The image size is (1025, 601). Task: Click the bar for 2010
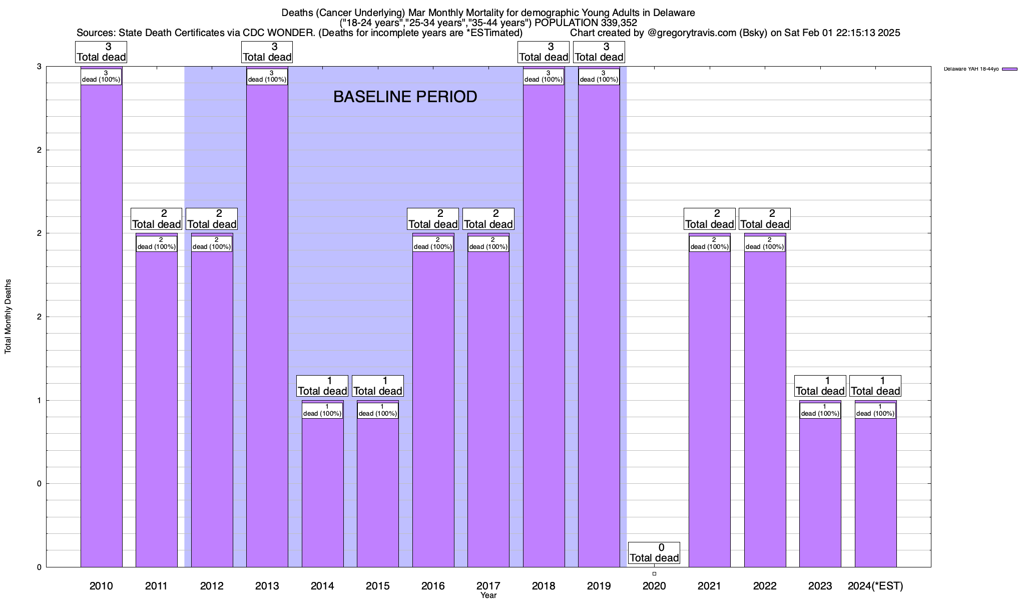click(x=101, y=326)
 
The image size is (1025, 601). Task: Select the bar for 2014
click(x=322, y=491)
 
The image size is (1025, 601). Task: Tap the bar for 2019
click(x=599, y=326)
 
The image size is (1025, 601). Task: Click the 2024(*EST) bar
click(x=875, y=491)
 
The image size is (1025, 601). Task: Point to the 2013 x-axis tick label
click(x=267, y=585)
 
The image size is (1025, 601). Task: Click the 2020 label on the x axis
click(x=654, y=585)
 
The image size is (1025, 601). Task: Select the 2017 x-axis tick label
click(x=488, y=585)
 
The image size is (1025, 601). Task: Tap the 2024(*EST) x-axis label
click(x=875, y=585)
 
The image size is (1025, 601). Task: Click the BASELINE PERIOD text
click(x=405, y=97)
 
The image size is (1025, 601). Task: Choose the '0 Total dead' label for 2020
click(x=654, y=553)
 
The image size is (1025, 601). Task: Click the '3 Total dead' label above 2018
click(x=544, y=52)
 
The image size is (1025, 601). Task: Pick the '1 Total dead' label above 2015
click(x=377, y=386)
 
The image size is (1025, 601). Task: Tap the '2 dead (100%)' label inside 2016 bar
click(x=433, y=243)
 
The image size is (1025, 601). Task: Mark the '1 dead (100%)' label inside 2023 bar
click(x=820, y=410)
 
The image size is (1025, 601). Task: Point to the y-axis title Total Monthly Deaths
click(x=8, y=317)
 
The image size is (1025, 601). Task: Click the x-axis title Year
click(x=488, y=595)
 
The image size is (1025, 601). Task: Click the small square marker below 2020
click(x=654, y=573)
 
